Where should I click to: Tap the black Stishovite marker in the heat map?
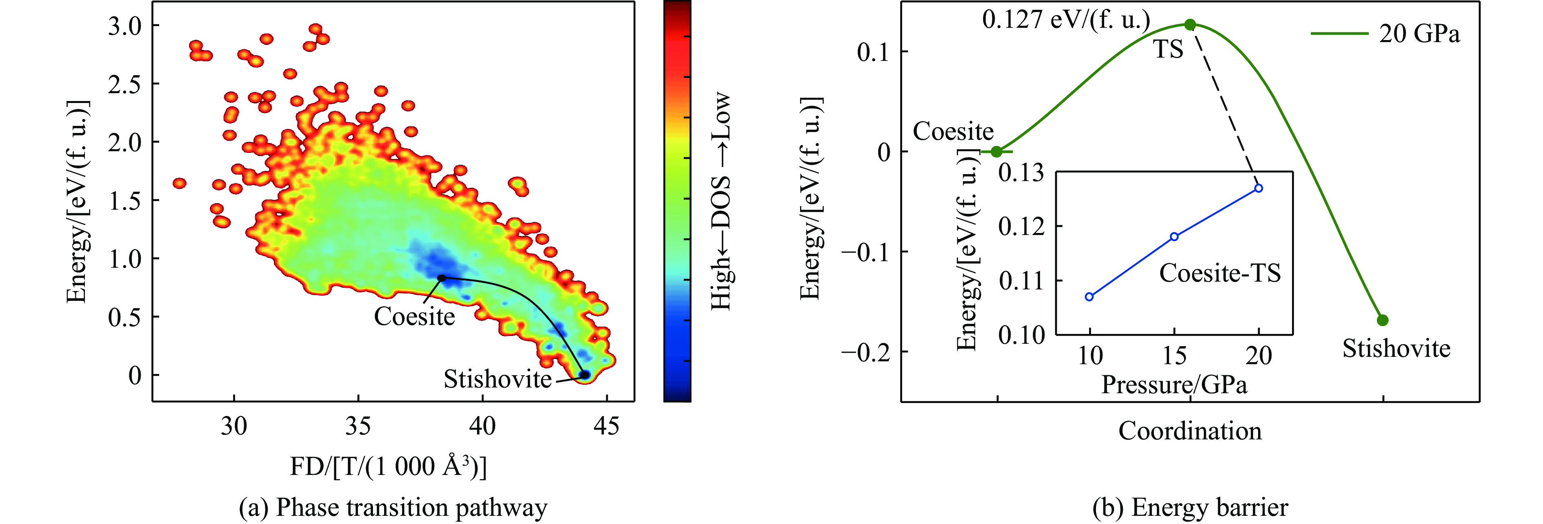click(x=584, y=375)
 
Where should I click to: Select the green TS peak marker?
click(x=1190, y=25)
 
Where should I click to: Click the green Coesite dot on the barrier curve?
click(x=996, y=152)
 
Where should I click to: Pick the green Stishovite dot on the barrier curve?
click(x=1383, y=320)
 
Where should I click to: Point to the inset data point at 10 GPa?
click(x=1089, y=297)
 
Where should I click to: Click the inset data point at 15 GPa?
click(x=1174, y=237)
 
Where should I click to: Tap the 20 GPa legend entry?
click(x=1385, y=34)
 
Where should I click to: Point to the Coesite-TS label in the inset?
click(x=1220, y=273)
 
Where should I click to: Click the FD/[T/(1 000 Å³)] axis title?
click(x=388, y=466)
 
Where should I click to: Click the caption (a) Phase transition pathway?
click(x=393, y=508)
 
